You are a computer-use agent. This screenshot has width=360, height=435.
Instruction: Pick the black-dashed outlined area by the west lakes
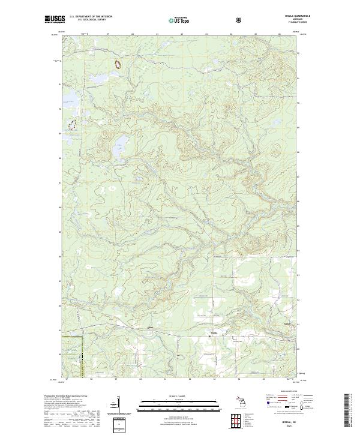click(x=72, y=125)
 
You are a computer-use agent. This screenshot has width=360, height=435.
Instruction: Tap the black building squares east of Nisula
click(x=234, y=339)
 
